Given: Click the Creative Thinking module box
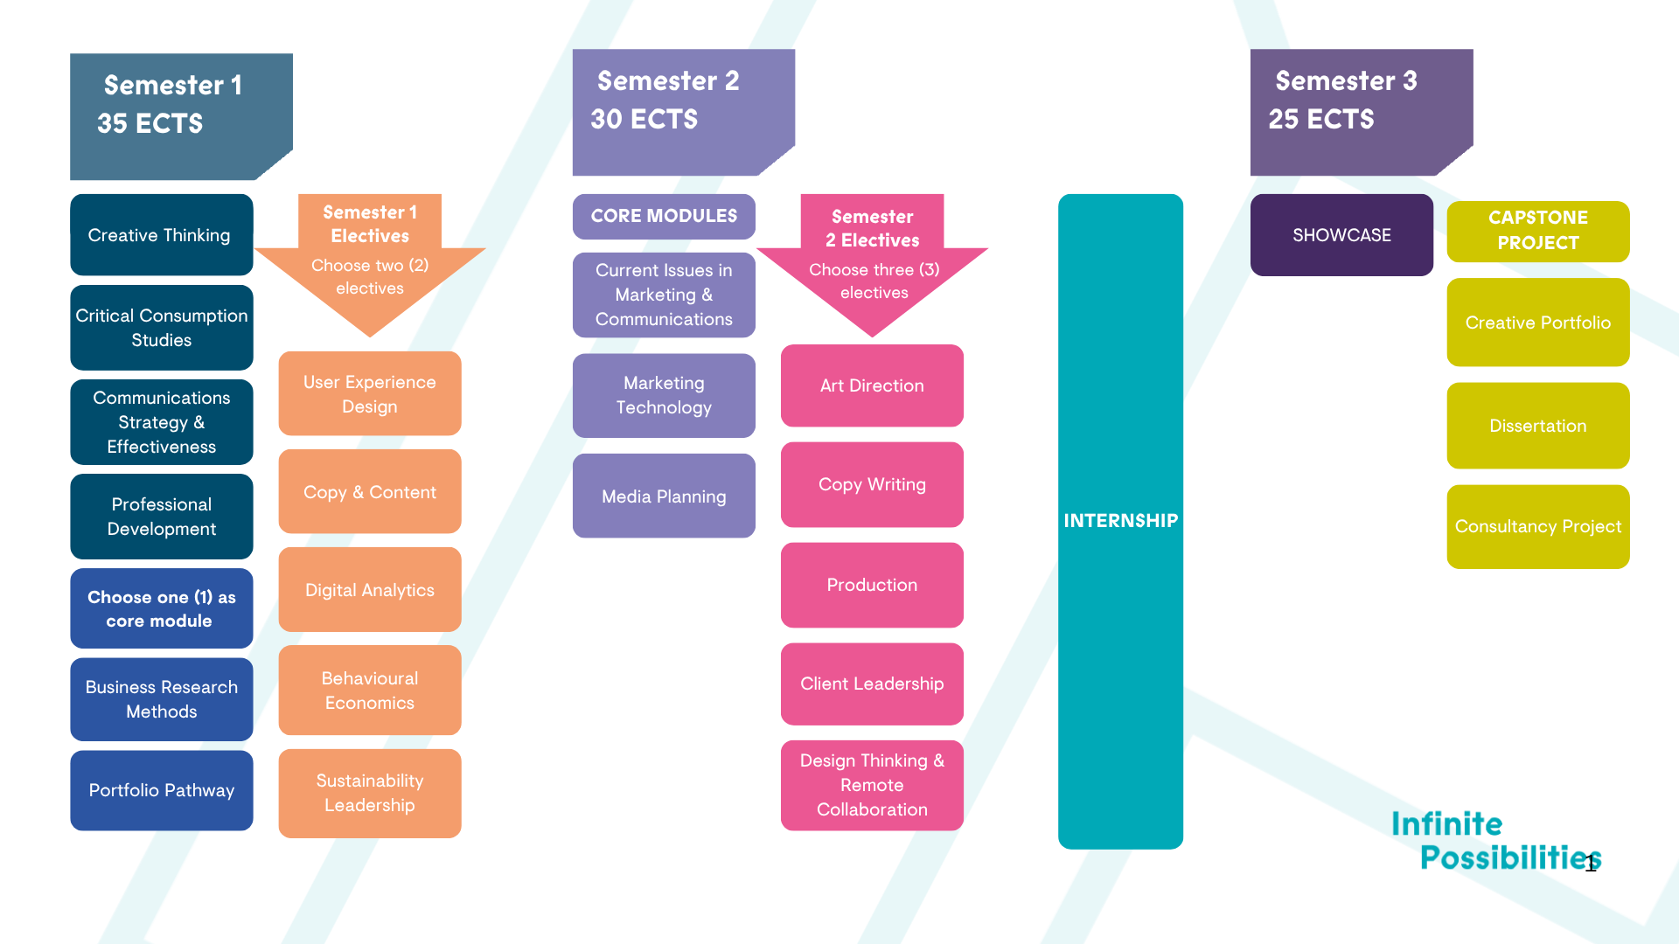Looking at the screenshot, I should (x=161, y=235).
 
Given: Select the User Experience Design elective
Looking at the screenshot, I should (x=369, y=394).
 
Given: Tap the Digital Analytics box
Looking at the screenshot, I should (x=369, y=590).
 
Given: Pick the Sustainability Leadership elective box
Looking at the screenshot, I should (x=369, y=793).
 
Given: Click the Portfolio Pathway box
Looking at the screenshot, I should (x=161, y=790).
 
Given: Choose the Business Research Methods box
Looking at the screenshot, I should (x=161, y=699).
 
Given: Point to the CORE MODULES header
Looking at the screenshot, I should (x=664, y=216).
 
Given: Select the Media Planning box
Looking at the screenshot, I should (x=664, y=496).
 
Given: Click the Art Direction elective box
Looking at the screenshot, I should (x=872, y=385).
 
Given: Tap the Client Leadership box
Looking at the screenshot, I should (x=872, y=684).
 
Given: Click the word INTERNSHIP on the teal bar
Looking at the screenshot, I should (x=1120, y=521).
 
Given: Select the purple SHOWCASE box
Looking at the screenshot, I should (x=1341, y=235).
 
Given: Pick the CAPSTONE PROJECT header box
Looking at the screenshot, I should (x=1537, y=231).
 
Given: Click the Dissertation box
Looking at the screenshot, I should (x=1537, y=426).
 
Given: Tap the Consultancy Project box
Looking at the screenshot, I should (x=1537, y=526).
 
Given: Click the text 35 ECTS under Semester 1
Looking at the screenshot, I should (x=150, y=123).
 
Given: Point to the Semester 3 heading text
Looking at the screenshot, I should (x=1346, y=81).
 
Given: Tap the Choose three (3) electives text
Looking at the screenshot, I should (x=874, y=281).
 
